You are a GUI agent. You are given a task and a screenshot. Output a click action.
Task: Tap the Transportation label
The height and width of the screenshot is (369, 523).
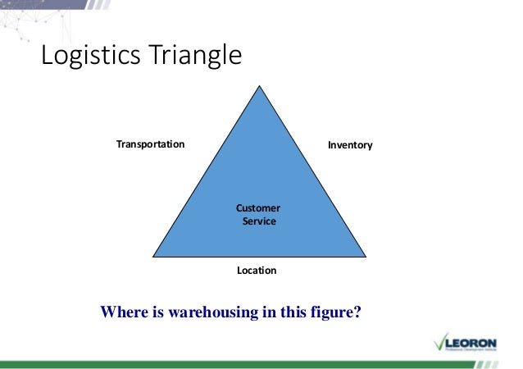click(x=150, y=144)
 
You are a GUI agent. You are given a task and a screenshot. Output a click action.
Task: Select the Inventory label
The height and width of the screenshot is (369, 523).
click(x=350, y=145)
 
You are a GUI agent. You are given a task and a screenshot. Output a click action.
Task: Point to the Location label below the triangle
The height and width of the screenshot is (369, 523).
click(x=257, y=270)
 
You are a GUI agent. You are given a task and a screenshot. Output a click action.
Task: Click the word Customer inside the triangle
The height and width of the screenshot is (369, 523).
click(x=258, y=208)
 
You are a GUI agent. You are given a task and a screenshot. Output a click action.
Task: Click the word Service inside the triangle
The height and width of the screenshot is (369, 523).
click(x=259, y=222)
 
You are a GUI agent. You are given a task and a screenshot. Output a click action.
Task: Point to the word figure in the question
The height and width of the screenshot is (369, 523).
click(x=332, y=312)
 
